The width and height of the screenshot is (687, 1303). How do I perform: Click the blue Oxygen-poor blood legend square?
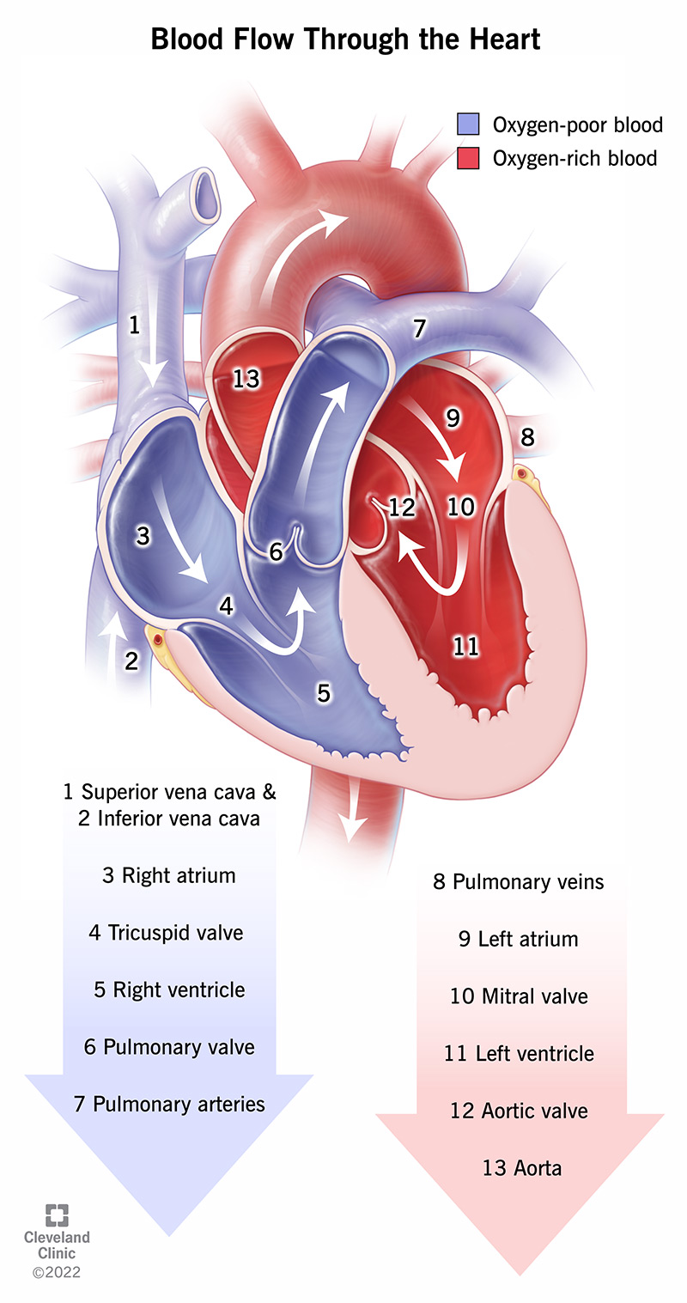[x=468, y=125]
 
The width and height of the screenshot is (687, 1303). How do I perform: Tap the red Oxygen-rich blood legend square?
[x=468, y=158]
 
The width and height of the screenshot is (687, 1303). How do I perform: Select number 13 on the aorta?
[x=246, y=379]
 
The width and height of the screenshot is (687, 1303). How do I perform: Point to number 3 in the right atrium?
[x=143, y=536]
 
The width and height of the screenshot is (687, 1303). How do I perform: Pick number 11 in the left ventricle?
[x=465, y=646]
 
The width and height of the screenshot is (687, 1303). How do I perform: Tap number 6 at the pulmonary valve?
[x=276, y=552]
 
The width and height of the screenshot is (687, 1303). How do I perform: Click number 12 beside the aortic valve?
[x=401, y=507]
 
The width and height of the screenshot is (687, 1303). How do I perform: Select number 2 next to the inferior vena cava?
[x=131, y=661]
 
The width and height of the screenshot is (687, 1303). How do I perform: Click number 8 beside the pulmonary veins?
[x=526, y=436]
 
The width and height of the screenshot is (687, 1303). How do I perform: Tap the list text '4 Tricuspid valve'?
[x=165, y=932]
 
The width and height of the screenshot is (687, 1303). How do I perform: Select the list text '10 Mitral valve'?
[x=519, y=996]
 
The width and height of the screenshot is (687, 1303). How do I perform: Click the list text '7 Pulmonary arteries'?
[x=169, y=1104]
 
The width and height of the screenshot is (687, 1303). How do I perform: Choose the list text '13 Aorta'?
[x=519, y=1167]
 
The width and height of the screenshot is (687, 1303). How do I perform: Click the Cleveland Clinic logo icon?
[x=58, y=1215]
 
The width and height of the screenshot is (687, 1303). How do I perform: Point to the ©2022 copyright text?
[x=57, y=1272]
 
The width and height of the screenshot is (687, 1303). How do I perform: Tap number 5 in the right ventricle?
[x=324, y=692]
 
